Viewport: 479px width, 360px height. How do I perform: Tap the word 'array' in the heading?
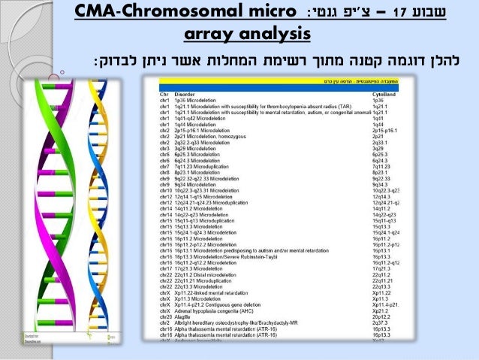212,35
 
